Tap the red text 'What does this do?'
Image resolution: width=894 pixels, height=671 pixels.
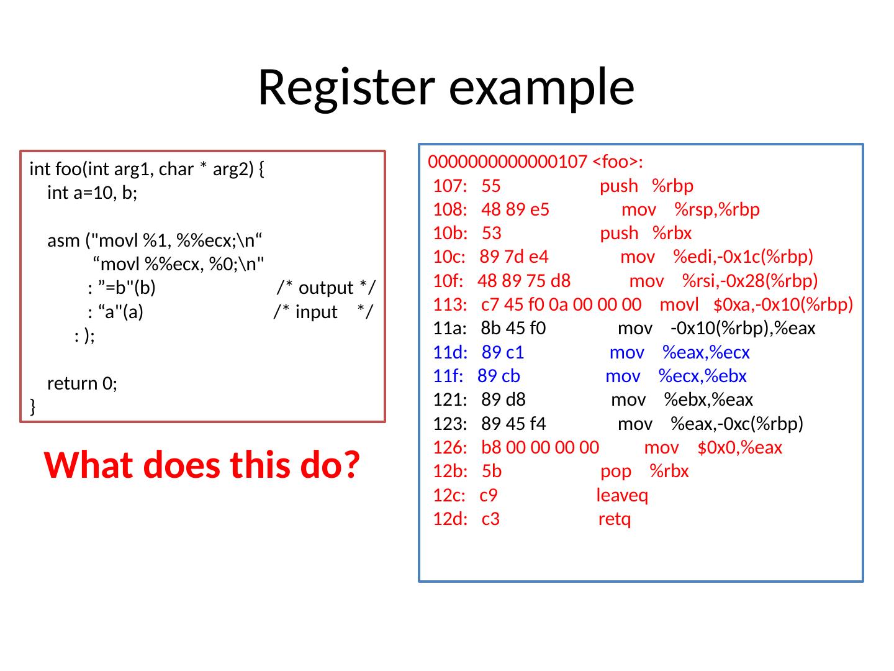point(202,465)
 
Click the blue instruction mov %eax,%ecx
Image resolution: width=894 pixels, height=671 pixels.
point(679,353)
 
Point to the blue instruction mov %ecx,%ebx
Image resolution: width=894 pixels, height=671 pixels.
point(675,377)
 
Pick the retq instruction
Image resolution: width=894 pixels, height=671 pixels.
point(615,519)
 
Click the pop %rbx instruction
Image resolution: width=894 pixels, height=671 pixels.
point(644,472)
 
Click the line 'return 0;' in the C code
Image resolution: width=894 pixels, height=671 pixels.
point(83,383)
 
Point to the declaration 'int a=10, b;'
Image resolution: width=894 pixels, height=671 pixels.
point(93,193)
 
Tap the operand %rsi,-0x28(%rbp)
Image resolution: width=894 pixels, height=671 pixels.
point(750,281)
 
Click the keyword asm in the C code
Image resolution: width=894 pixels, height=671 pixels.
point(64,240)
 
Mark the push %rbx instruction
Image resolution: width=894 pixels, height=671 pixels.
point(646,234)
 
